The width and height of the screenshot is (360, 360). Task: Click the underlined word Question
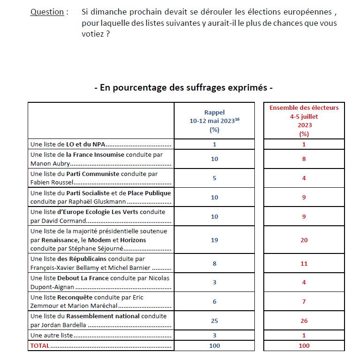(47, 12)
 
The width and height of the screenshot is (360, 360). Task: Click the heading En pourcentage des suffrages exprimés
(184, 88)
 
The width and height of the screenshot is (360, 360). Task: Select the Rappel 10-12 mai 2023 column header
(214, 121)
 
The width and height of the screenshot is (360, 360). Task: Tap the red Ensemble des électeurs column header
(304, 121)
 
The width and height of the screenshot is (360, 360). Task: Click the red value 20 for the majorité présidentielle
(304, 240)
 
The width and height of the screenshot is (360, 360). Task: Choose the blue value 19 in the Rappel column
(214, 240)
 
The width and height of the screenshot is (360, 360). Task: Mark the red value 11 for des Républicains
(304, 263)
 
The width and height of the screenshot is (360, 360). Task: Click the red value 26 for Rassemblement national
(304, 321)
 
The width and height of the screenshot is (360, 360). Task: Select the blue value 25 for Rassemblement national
(214, 321)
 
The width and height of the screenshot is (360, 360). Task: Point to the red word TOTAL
(40, 345)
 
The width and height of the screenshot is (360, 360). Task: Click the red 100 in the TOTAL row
(304, 345)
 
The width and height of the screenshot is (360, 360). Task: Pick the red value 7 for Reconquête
(304, 301)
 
